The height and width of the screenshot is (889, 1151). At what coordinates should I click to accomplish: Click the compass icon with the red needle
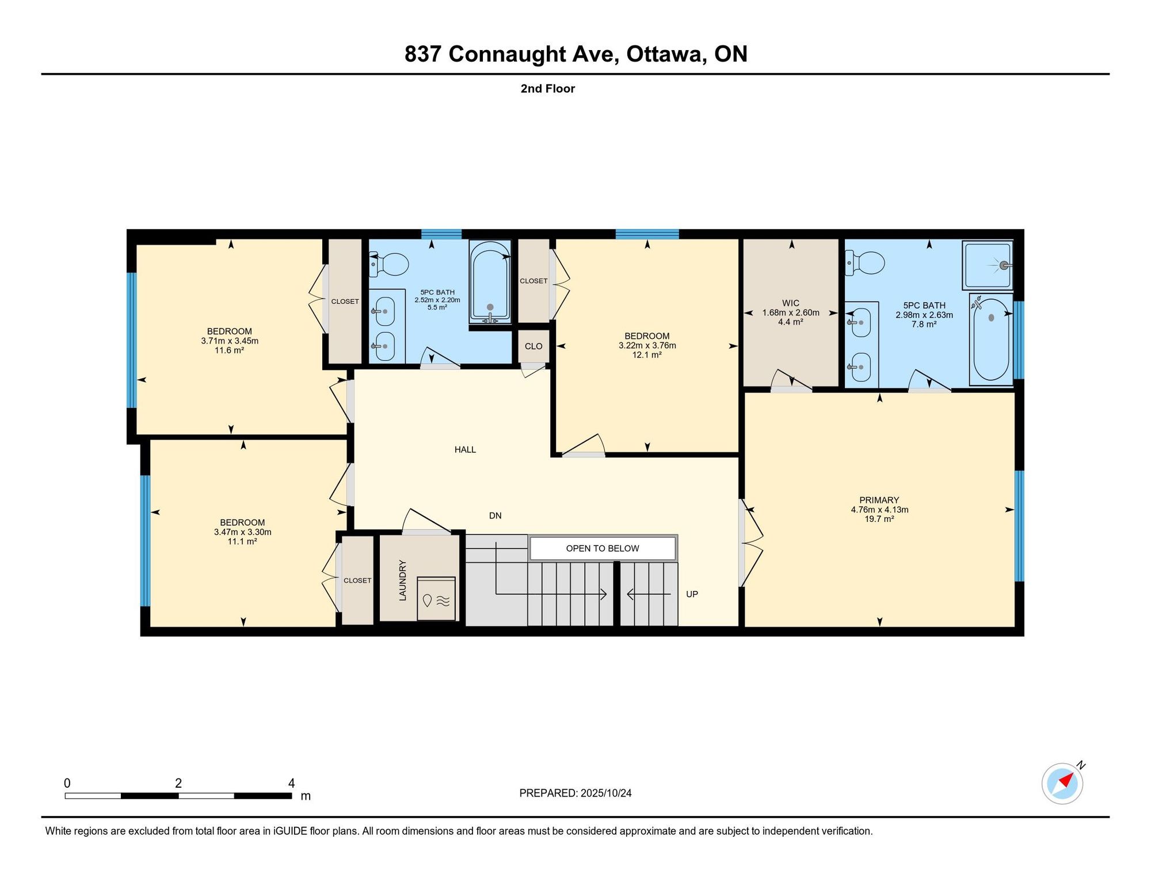click(1062, 783)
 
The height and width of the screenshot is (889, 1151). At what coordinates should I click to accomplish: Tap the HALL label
click(465, 449)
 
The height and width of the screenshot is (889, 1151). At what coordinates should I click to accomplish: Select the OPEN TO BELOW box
click(603, 548)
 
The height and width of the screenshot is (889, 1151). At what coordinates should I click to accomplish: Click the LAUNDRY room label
click(402, 580)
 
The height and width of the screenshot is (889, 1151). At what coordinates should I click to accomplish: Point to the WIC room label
click(791, 303)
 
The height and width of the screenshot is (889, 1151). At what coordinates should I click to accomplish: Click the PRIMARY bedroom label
click(879, 500)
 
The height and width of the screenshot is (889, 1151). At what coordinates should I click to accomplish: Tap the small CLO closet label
click(533, 346)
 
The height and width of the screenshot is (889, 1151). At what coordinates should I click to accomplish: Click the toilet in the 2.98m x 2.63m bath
click(865, 263)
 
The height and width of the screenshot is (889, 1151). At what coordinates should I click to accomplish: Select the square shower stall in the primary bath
click(988, 265)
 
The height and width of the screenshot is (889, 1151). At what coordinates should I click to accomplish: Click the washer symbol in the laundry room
click(436, 598)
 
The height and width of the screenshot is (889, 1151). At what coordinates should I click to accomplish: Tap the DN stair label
click(495, 516)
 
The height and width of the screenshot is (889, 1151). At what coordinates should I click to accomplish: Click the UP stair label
click(692, 594)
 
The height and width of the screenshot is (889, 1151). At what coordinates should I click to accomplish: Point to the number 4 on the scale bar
click(292, 783)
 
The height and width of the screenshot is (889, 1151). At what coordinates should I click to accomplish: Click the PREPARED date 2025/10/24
click(606, 793)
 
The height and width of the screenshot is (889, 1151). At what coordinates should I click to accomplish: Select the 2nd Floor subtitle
click(548, 89)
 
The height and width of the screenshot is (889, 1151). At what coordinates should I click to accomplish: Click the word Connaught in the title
click(508, 54)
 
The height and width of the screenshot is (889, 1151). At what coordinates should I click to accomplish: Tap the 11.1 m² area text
click(242, 541)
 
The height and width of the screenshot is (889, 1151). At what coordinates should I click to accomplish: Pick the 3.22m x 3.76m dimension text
click(647, 345)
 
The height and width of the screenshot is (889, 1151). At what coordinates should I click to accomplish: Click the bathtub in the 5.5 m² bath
click(490, 282)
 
